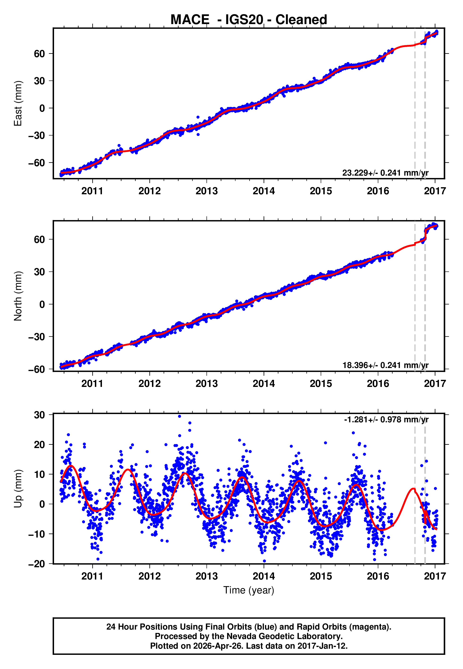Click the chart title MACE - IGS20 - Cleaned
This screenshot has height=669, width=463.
(249, 20)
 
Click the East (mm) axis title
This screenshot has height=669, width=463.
(18, 104)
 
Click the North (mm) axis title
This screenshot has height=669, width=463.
(18, 296)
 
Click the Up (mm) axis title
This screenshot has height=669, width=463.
(18, 489)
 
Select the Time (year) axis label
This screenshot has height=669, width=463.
(249, 590)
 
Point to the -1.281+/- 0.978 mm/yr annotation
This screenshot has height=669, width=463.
(386, 419)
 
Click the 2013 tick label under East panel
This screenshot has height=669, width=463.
(206, 191)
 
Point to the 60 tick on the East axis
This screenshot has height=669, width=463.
(39, 54)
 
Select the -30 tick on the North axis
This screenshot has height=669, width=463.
(37, 337)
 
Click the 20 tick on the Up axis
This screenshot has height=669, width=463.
(39, 445)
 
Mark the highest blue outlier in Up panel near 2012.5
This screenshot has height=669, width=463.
(180, 416)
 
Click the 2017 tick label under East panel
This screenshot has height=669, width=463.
(435, 191)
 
